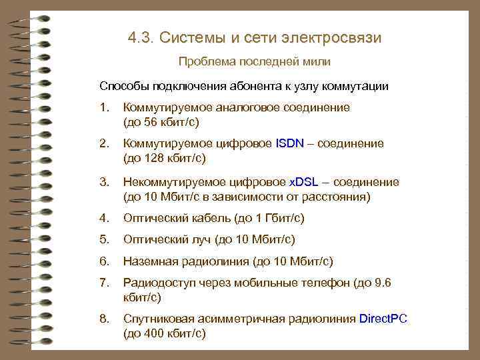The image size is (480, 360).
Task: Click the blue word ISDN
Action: coord(289,144)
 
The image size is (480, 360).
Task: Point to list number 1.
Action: coord(103,108)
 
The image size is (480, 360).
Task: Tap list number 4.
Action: coord(103,218)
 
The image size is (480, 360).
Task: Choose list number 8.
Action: coord(103,319)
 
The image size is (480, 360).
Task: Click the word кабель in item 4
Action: coord(209,218)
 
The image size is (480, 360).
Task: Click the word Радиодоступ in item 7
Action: coord(158,283)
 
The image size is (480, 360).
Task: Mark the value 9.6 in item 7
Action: coord(383,283)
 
